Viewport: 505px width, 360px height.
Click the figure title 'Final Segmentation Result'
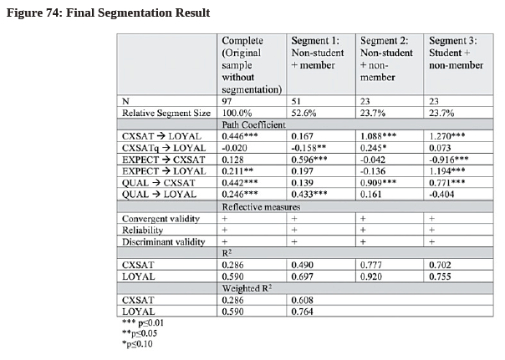coord(138,13)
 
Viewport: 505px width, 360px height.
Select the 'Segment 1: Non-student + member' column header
coord(318,53)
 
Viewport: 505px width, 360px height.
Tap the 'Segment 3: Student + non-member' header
coord(456,53)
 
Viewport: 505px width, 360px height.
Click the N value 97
coord(227,101)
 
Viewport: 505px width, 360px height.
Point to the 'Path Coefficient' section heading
coord(253,124)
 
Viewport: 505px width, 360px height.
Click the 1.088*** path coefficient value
coord(378,136)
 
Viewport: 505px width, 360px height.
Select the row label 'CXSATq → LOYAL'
coord(164,148)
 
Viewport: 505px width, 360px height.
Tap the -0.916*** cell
coord(449,160)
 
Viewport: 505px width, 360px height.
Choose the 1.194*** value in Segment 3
coord(446,171)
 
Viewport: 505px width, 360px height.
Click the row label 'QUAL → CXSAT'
coord(159,183)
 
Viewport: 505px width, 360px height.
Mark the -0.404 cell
coord(441,195)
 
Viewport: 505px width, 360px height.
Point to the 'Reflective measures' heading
coord(261,207)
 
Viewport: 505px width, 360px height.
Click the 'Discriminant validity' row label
coord(164,241)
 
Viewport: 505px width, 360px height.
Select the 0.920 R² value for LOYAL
coord(371,276)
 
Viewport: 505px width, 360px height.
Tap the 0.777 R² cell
coord(371,265)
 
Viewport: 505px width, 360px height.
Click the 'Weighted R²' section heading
coord(247,288)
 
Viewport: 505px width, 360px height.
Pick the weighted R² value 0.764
coord(302,312)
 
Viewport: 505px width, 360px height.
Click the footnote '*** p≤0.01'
coord(143,322)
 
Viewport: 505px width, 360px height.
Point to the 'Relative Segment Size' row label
coord(166,113)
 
